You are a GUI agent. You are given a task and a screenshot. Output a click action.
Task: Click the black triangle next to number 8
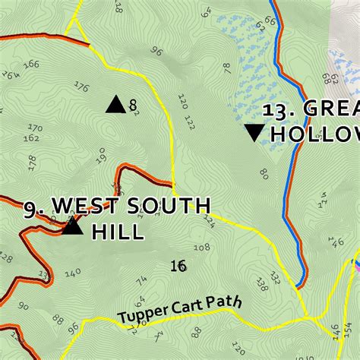115,105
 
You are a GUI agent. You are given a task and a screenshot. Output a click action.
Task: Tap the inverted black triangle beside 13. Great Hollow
254,133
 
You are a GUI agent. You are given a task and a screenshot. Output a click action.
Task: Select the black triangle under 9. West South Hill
72,226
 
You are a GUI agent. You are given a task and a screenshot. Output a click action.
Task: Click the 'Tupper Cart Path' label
180,308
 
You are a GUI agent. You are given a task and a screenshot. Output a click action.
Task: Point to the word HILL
118,231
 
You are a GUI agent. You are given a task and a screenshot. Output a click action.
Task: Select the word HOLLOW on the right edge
314,134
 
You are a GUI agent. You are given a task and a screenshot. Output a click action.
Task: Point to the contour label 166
30,65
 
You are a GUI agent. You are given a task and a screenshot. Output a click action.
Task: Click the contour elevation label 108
202,248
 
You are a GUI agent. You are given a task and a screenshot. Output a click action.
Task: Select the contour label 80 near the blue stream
264,174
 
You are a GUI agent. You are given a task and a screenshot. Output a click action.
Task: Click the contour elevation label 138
262,284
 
